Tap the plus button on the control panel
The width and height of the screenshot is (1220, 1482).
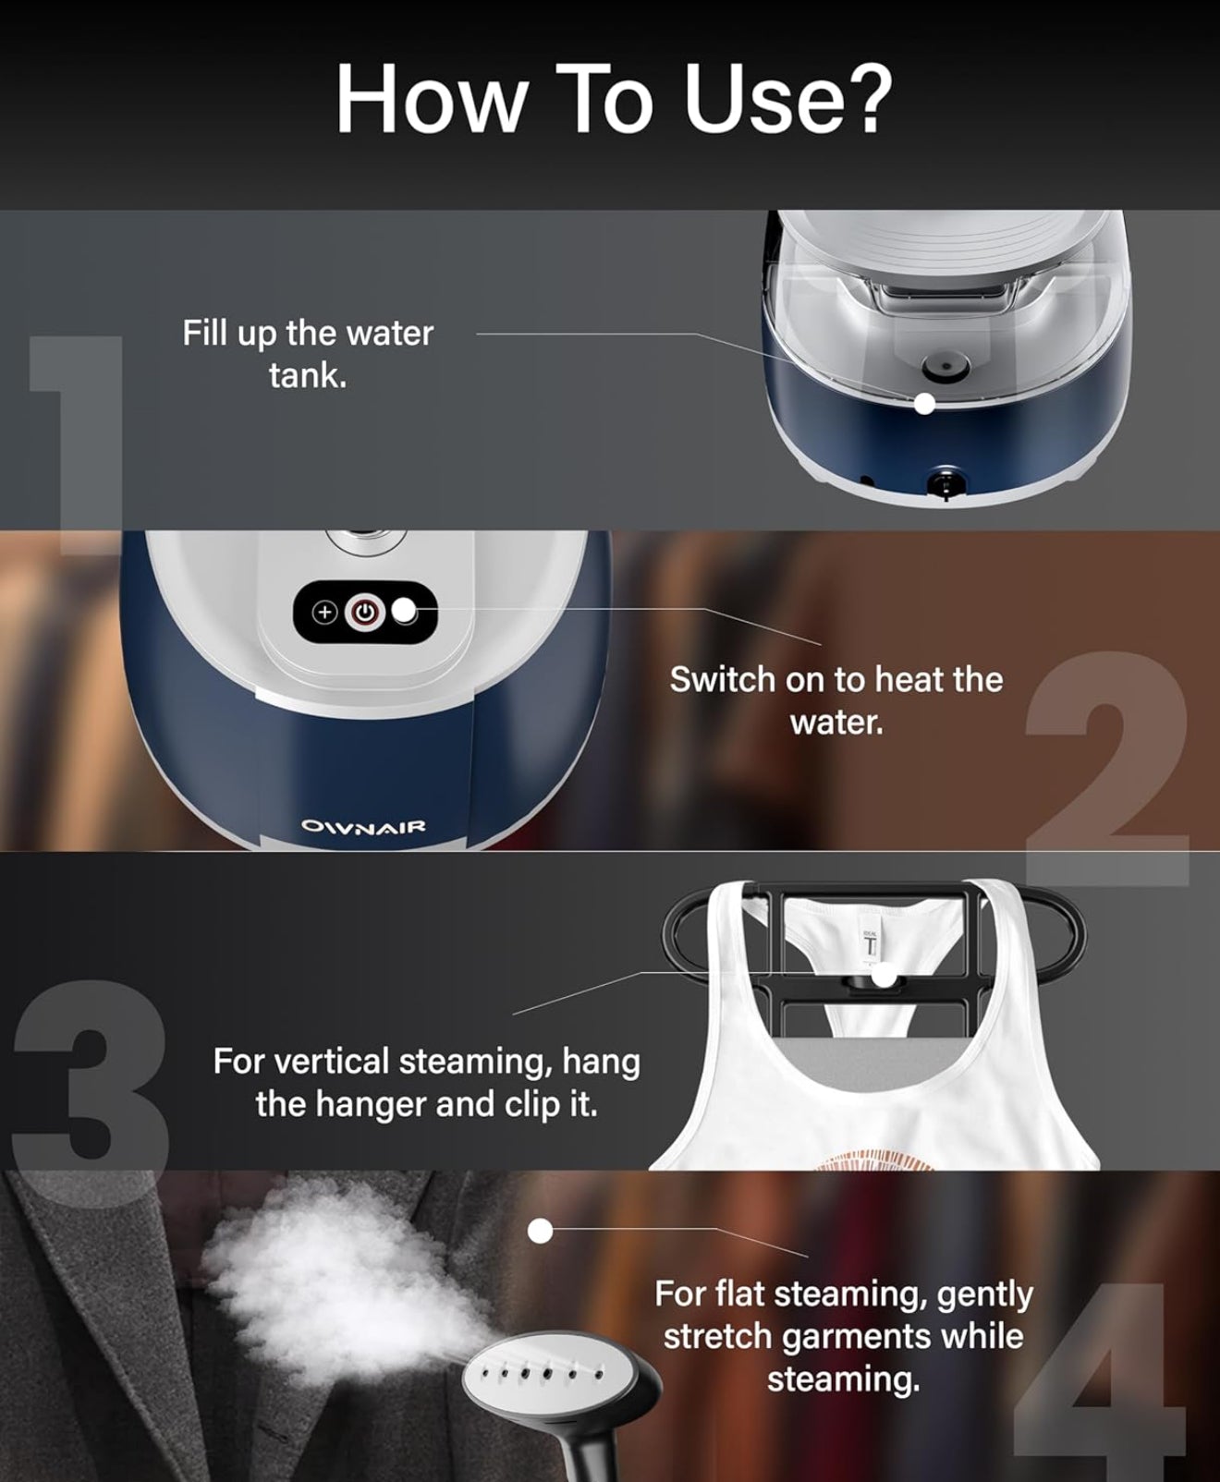tap(324, 613)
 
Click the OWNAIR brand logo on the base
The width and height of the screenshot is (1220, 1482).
tap(363, 826)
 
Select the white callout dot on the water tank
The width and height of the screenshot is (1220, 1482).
tap(924, 404)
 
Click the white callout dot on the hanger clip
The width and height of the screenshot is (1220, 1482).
tap(884, 974)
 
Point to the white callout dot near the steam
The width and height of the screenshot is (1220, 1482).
tap(540, 1231)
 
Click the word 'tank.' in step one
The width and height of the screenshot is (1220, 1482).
tap(308, 376)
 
